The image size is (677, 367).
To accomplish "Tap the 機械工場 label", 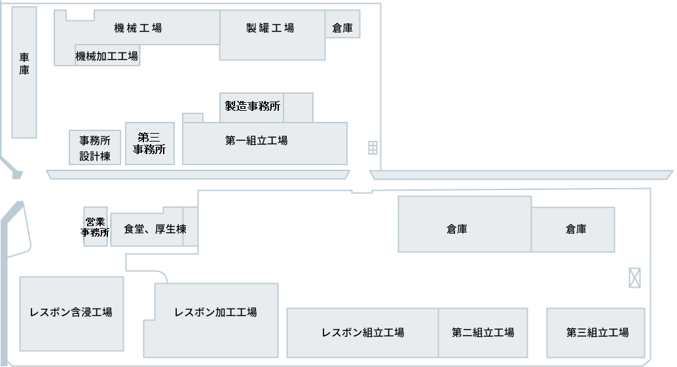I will pos(137,28).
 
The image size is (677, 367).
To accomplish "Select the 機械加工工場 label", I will pos(107,56).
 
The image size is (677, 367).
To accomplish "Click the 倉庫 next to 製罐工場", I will pos(342,28).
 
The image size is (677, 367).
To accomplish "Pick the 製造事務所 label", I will pos(253,106).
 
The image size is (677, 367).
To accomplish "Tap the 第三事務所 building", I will pos(149,144).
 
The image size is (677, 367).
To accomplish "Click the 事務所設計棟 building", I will pos(95,147).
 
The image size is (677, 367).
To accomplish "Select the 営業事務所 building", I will pos(96,227).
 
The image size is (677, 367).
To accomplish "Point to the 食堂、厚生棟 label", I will pos(155,229).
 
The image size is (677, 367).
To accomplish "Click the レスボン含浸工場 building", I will pos(71,313).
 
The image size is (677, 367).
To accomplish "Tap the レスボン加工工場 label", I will pos(215,313).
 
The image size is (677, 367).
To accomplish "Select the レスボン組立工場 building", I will pos(362,332).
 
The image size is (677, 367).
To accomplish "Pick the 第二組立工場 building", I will pos(483,332).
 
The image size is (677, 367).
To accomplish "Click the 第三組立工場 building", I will pos(596,332).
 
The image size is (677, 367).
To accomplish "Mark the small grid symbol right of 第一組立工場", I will pos(373,147).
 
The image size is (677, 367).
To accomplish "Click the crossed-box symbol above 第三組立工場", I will pos(634,278).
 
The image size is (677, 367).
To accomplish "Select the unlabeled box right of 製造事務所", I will pos(298,107).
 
